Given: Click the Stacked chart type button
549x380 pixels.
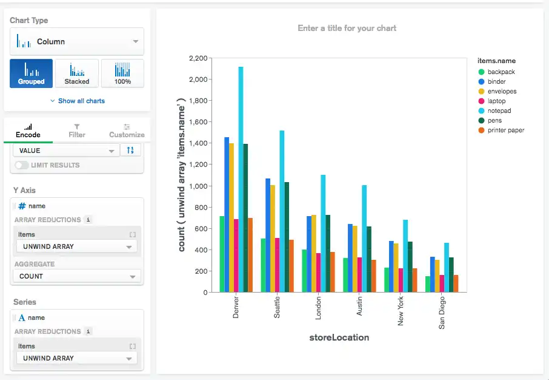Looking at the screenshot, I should (77, 73).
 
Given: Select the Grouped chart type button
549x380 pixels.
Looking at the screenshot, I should (31, 73).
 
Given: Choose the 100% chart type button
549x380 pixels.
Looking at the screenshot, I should (122, 73).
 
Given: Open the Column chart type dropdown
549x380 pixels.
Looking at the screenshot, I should (77, 42).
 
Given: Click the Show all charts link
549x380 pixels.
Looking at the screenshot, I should (77, 101).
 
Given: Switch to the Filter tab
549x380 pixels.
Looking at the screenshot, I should (77, 131).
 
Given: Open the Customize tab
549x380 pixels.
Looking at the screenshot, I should (127, 131).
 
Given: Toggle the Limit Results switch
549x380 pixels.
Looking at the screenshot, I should (22, 165).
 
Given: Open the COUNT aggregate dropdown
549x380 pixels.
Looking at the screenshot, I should (77, 276).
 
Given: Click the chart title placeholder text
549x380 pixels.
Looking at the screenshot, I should (347, 28).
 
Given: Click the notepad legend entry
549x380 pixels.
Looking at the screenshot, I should (499, 111).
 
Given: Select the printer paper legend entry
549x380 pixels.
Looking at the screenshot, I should (505, 131).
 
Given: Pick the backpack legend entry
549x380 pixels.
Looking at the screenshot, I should (501, 72).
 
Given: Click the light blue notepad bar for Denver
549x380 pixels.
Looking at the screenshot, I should (241, 182).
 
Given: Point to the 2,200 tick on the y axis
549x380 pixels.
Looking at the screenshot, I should (198, 58).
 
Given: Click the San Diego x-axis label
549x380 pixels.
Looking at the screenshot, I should (442, 313).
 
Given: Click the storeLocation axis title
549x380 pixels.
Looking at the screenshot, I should (340, 338).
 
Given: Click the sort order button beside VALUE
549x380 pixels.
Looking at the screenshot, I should (130, 151).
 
